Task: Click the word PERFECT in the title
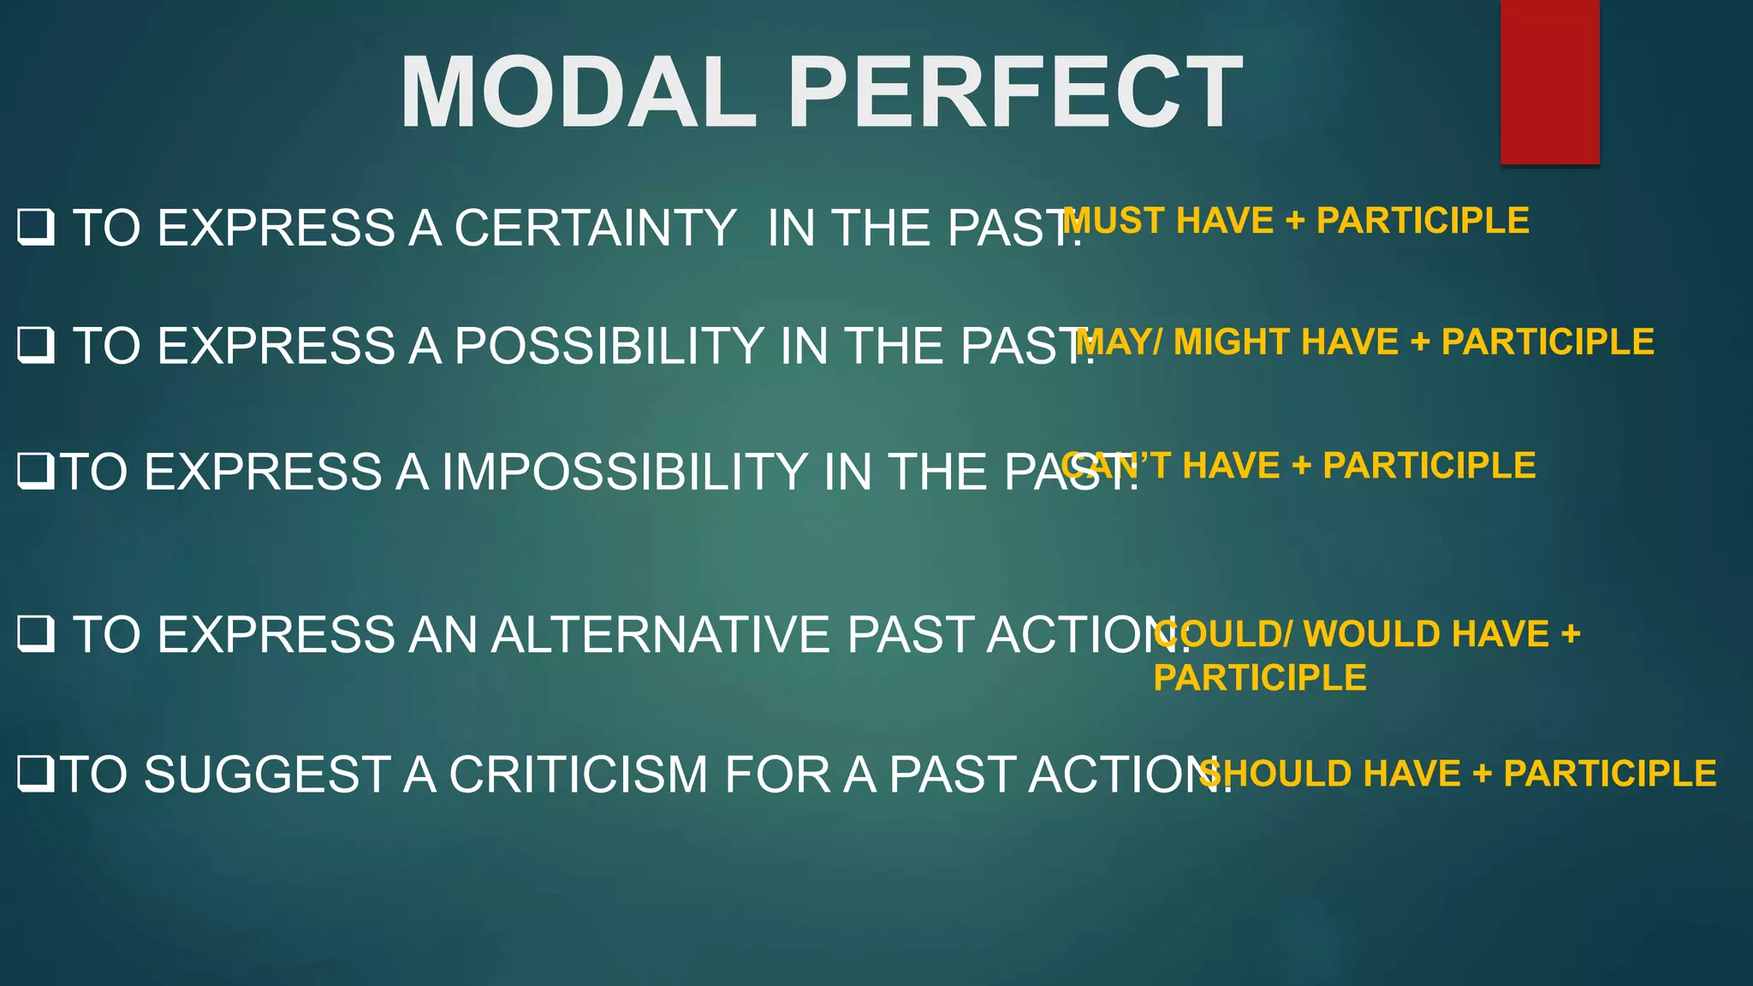[x=1014, y=92]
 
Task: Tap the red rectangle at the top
[x=1549, y=81]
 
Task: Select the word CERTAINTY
[x=595, y=229]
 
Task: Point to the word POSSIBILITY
[x=609, y=346]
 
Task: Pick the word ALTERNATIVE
[x=662, y=635]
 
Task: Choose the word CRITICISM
[x=579, y=775]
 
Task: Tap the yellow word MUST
[x=1114, y=221]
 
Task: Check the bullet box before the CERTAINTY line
[x=36, y=228]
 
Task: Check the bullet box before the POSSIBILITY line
[x=36, y=346]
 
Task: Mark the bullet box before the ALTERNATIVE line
[x=36, y=634]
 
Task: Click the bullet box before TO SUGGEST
[x=36, y=774]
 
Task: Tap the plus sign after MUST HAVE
[x=1295, y=221]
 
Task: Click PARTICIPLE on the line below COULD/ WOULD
[x=1259, y=678]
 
